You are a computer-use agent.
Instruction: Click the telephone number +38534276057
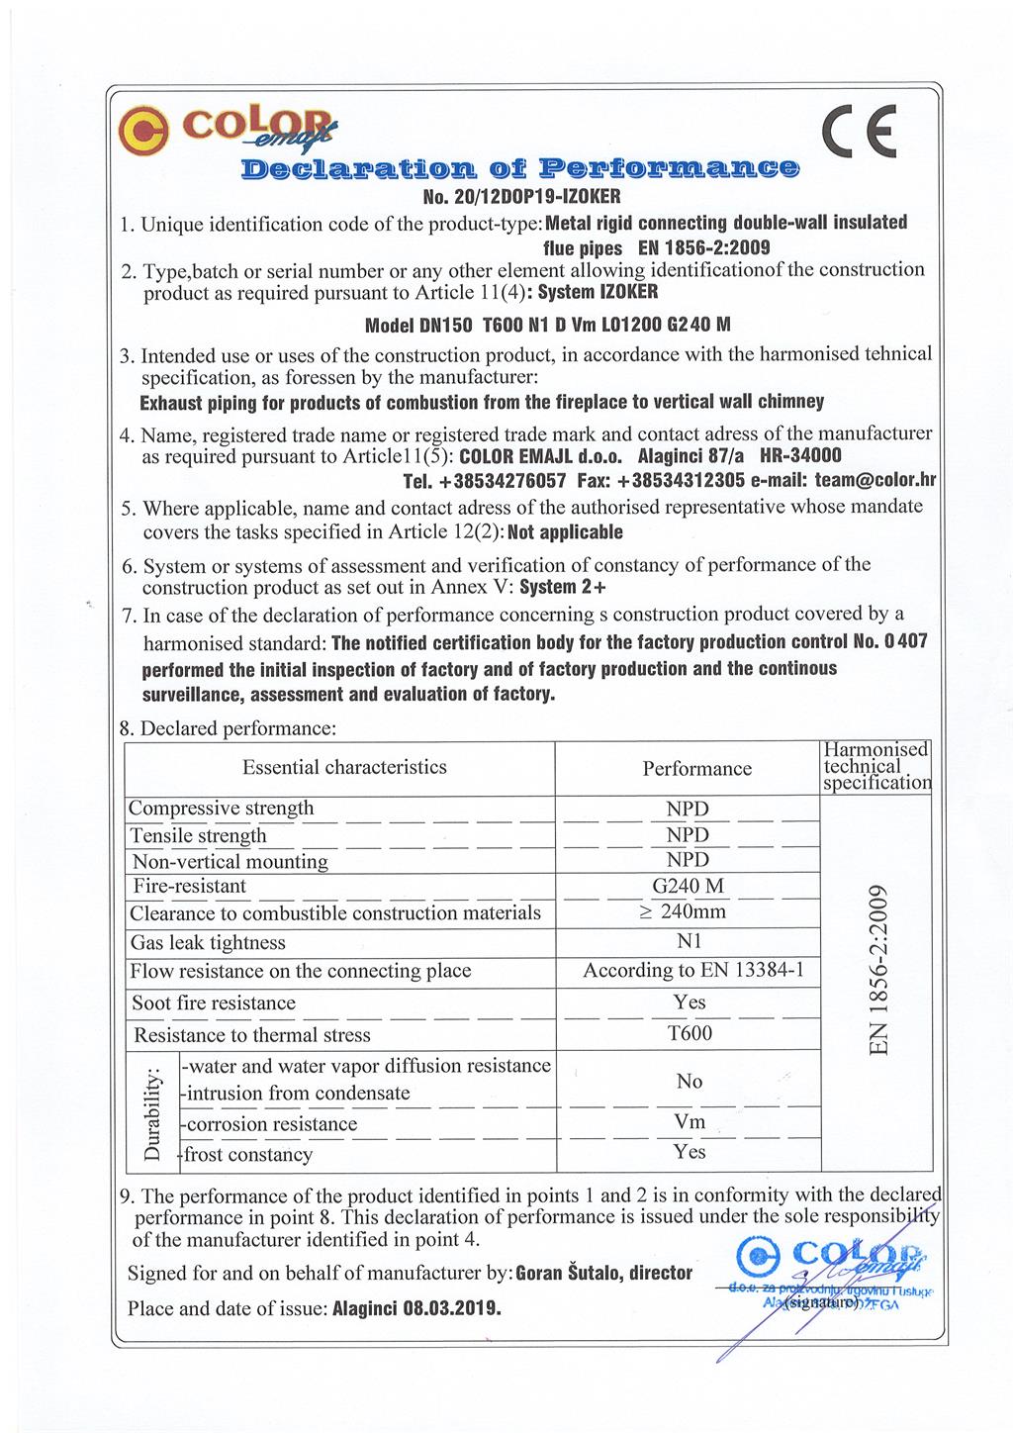click(x=485, y=482)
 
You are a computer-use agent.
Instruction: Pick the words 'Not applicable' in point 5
click(x=566, y=532)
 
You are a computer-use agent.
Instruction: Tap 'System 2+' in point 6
click(x=563, y=588)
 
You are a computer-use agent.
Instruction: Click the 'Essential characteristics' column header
click(x=344, y=768)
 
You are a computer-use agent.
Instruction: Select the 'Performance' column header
click(x=696, y=769)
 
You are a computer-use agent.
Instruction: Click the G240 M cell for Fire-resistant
click(x=688, y=886)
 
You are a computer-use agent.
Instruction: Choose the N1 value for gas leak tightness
click(x=689, y=942)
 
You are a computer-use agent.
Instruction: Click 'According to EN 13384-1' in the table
click(x=693, y=971)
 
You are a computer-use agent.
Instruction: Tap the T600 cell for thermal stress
click(x=690, y=1034)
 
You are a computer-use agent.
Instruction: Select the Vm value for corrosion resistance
click(x=690, y=1122)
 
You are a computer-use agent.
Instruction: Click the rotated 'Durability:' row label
click(x=152, y=1114)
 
